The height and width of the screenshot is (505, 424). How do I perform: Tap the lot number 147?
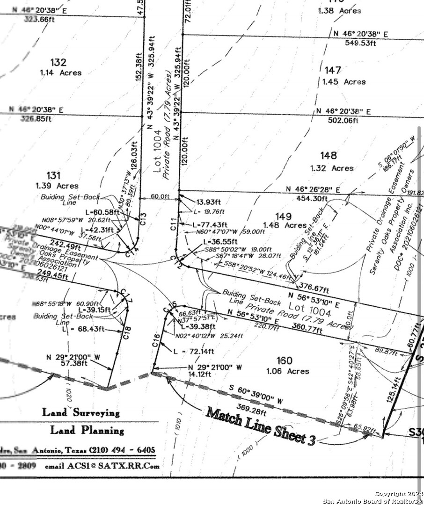333,70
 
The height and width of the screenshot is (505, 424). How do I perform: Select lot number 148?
328,156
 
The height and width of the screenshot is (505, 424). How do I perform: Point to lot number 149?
284,216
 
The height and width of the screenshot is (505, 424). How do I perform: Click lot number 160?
285,361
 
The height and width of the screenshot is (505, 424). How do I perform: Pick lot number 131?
54,175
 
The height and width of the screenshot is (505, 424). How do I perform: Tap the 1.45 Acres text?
344,82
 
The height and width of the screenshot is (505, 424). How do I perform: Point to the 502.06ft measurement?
343,121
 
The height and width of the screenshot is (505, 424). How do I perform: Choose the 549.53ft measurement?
360,43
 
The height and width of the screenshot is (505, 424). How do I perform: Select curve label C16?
156,339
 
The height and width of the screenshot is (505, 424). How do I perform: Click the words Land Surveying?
81,412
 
